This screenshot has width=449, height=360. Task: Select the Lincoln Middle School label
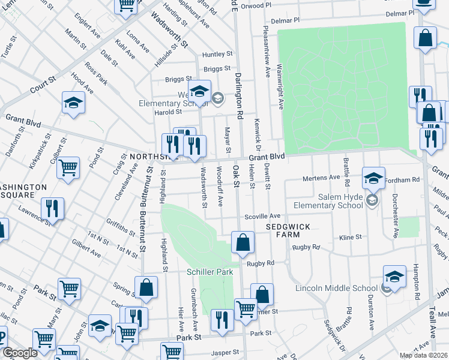pos(336,288)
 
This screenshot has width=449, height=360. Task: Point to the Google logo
pos(20,353)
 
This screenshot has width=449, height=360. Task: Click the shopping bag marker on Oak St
pos(243,243)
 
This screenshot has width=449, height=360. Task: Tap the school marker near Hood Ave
pos(73,103)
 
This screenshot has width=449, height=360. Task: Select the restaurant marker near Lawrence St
pos(52,209)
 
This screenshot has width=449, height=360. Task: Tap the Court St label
pos(43,83)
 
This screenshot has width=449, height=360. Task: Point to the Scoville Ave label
pos(262,216)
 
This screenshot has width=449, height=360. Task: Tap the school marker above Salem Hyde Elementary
pos(373,178)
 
